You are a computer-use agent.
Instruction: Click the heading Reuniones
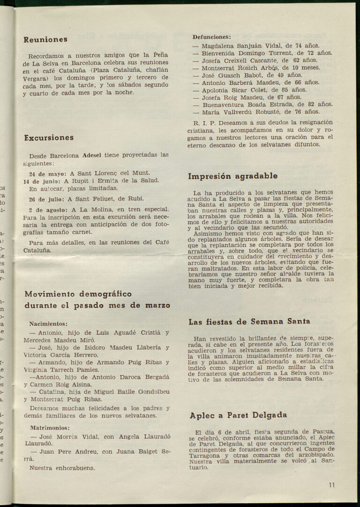click(x=45, y=40)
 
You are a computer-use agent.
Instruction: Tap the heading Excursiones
click(x=49, y=138)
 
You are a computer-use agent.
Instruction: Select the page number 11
click(x=331, y=485)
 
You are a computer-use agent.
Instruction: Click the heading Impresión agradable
click(x=232, y=177)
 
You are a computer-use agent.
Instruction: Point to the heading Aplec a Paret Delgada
click(x=238, y=415)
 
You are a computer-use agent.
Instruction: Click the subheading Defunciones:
click(x=211, y=37)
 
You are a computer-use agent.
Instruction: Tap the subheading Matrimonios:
click(x=50, y=428)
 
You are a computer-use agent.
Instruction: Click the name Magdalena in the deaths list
click(x=220, y=46)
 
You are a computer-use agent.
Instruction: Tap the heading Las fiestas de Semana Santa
click(x=249, y=322)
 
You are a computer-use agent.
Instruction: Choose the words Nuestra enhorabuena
click(x=62, y=468)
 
